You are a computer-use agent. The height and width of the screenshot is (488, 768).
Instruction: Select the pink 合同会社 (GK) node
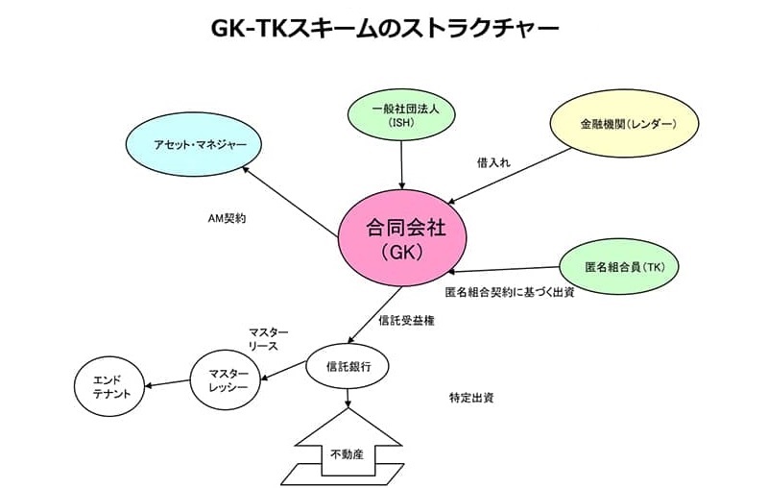pyautogui.click(x=401, y=239)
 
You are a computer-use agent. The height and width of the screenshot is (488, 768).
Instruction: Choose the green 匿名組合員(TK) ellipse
pyautogui.click(x=619, y=266)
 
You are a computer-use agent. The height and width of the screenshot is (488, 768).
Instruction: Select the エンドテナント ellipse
pyautogui.click(x=111, y=386)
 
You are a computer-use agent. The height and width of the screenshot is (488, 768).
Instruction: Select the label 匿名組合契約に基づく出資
pyautogui.click(x=510, y=292)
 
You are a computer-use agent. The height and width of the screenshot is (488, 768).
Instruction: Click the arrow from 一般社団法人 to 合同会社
pyautogui.click(x=402, y=164)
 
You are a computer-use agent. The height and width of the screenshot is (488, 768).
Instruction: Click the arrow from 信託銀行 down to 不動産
pyautogui.click(x=348, y=396)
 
